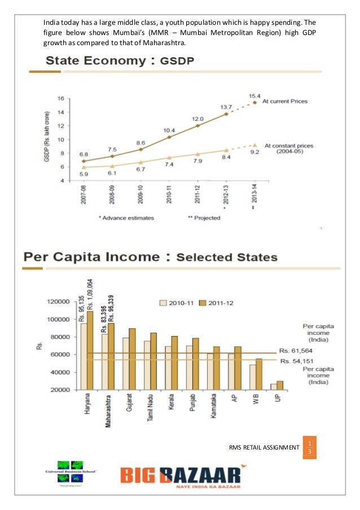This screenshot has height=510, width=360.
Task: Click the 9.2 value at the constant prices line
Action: coord(254,151)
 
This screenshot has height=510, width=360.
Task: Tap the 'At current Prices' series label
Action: coord(288,102)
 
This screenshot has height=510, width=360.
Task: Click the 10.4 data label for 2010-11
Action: coord(169,130)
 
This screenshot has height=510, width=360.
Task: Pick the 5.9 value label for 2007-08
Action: coord(84,175)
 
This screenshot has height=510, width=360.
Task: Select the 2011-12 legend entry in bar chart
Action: coord(218,303)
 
